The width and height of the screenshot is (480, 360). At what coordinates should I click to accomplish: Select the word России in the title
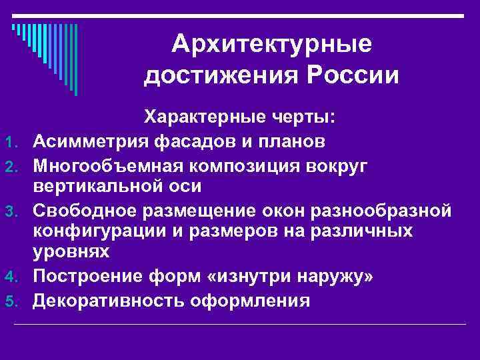click(352, 75)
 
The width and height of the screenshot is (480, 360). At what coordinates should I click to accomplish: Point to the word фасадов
click(199, 141)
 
